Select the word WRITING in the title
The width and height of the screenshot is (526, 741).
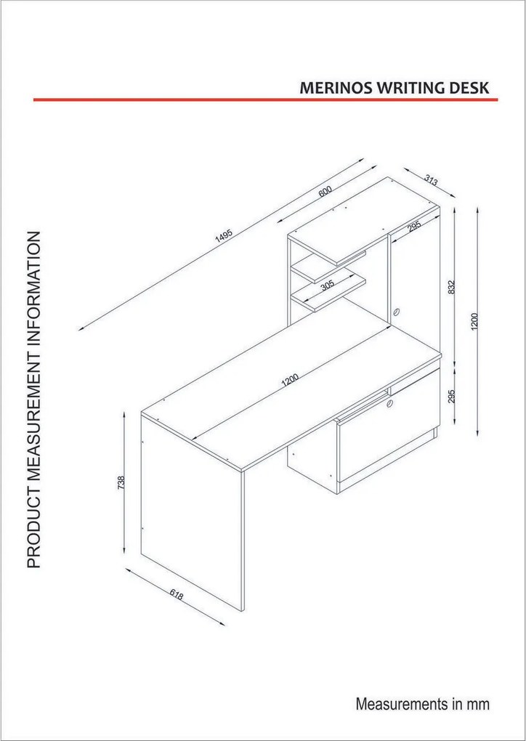[406, 89]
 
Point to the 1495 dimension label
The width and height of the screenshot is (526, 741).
[224, 235]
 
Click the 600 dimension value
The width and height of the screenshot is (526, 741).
[325, 191]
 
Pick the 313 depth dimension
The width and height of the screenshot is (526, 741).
[431, 179]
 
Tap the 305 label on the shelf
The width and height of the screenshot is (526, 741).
[327, 285]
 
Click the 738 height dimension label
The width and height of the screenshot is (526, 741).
[121, 482]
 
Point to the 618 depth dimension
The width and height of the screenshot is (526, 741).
[176, 596]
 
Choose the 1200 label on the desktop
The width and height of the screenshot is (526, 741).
[290, 380]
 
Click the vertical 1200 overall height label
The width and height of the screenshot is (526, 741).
[474, 322]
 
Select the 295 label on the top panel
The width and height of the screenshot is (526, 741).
[414, 227]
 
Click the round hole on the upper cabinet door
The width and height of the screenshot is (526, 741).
[397, 312]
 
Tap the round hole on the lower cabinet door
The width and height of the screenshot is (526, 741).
[390, 403]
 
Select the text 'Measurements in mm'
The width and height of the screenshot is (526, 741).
[423, 704]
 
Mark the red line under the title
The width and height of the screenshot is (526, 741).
[266, 100]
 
